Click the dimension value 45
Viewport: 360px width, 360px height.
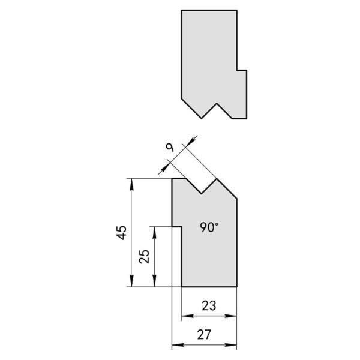tap(122, 233)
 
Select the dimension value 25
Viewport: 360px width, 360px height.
tap(145, 256)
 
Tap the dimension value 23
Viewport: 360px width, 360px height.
tap(209, 305)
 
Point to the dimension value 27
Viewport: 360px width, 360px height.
tap(204, 335)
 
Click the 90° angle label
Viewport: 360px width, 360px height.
tap(209, 227)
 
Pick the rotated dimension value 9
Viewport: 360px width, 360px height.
tap(170, 148)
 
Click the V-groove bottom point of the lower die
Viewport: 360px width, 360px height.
tap(202, 194)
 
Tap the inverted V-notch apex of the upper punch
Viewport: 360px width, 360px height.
tap(217, 104)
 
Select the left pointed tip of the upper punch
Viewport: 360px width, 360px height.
tap(202, 118)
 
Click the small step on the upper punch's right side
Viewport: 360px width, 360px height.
tap(242, 70)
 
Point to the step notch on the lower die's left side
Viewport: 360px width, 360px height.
tap(177, 227)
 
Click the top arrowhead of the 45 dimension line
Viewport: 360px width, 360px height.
tap(131, 184)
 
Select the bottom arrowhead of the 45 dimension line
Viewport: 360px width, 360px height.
tap(131, 281)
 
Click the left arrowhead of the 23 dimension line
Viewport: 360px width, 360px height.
tap(187, 316)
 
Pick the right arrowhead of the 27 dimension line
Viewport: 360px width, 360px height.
tap(231, 345)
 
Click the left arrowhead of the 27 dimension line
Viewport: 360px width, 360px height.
tap(178, 345)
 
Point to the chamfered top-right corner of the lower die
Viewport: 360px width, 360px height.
tap(227, 188)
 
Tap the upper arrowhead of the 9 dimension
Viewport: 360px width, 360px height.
tap(191, 141)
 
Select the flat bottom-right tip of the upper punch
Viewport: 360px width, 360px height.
tap(239, 118)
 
